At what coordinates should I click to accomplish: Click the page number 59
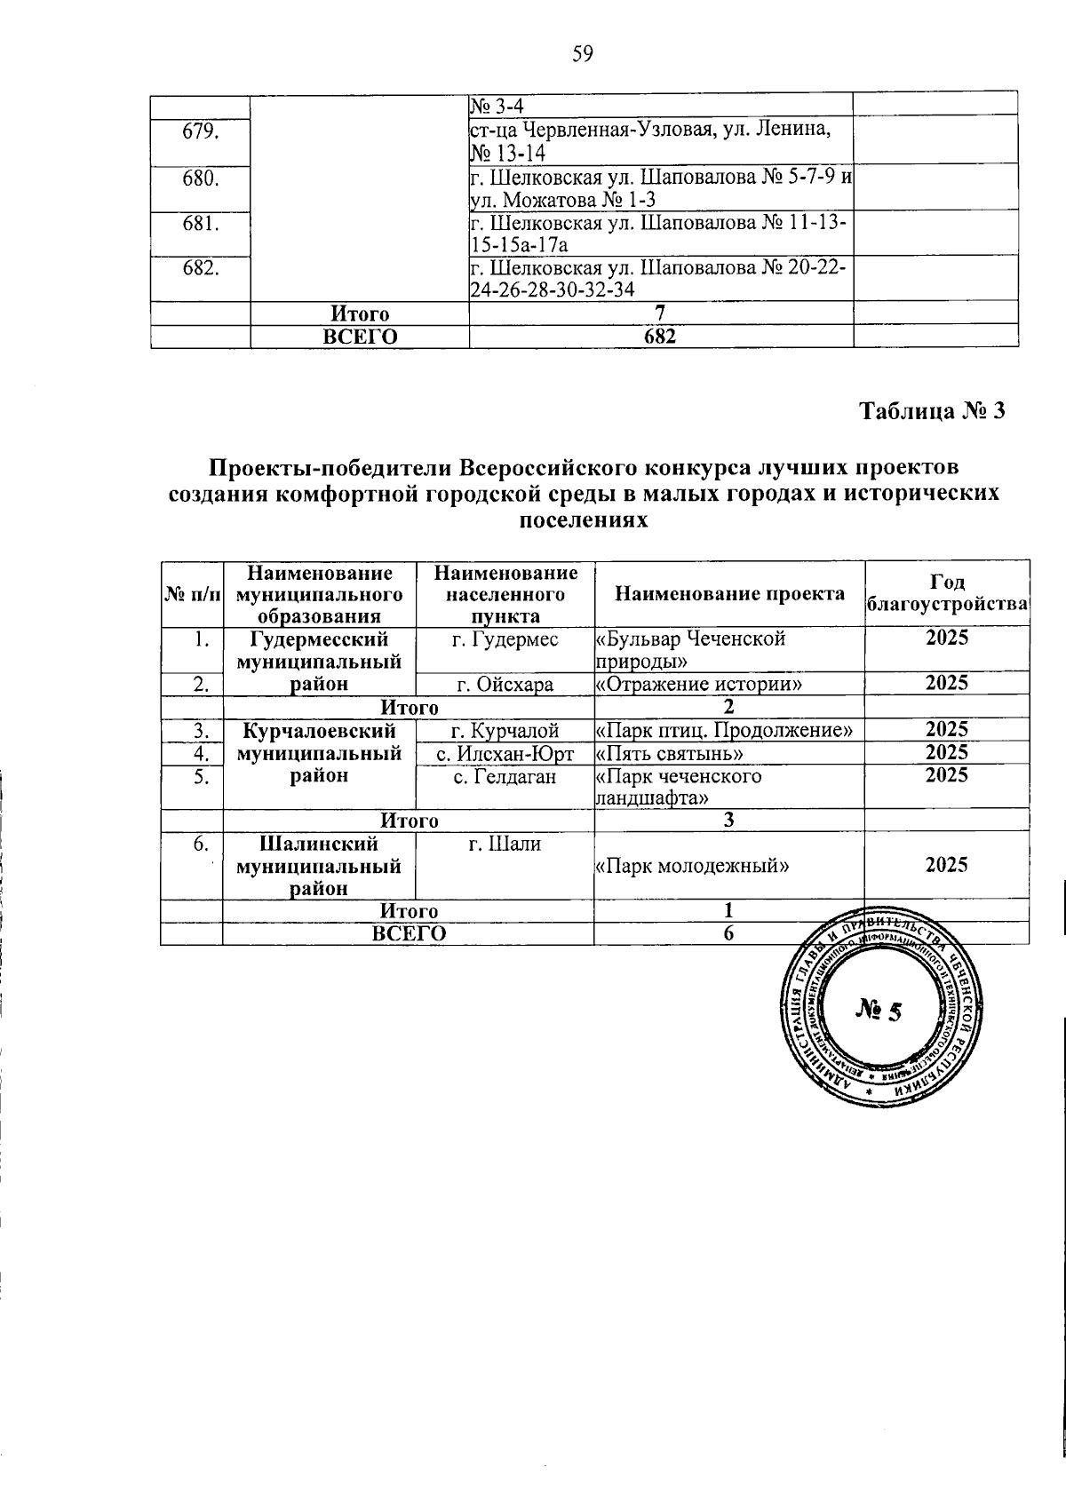[x=582, y=55]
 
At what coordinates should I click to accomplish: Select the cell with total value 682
[x=661, y=337]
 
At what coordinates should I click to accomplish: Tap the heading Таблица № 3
[x=932, y=411]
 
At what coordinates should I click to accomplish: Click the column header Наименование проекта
[x=729, y=593]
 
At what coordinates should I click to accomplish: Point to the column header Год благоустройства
[x=947, y=593]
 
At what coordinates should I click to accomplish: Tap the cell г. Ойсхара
[x=505, y=685]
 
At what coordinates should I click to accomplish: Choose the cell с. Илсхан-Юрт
[x=505, y=754]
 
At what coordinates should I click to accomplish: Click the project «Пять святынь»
[x=669, y=754]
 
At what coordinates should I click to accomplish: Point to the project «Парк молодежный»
[x=692, y=865]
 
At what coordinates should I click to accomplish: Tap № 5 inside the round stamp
[x=879, y=1010]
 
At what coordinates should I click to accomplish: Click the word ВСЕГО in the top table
[x=359, y=337]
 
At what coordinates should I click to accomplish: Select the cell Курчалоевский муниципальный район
[x=319, y=753]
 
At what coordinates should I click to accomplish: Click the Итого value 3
[x=728, y=821]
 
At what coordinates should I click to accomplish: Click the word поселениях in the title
[x=582, y=520]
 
